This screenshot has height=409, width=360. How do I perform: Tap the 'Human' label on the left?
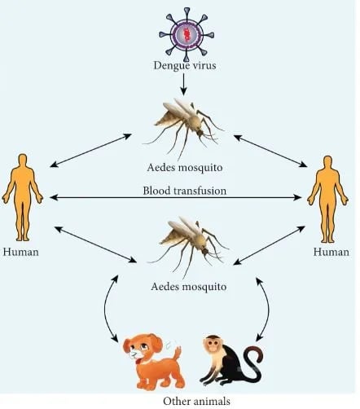tap(21, 252)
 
